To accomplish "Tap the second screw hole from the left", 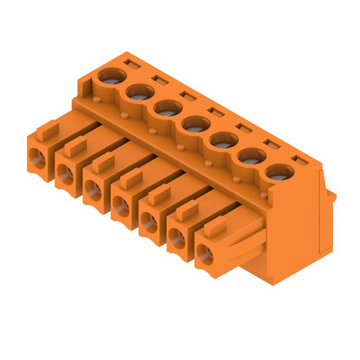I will coord(138,92).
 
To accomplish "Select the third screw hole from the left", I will coord(167,108).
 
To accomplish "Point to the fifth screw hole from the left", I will coord(222,139).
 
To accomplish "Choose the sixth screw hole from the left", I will coord(250,156).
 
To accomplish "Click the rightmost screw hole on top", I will coord(277,171).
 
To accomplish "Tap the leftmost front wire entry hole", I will coord(38,157).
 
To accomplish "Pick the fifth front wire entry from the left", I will coord(149,222).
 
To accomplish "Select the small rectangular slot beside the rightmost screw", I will coord(299,160).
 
